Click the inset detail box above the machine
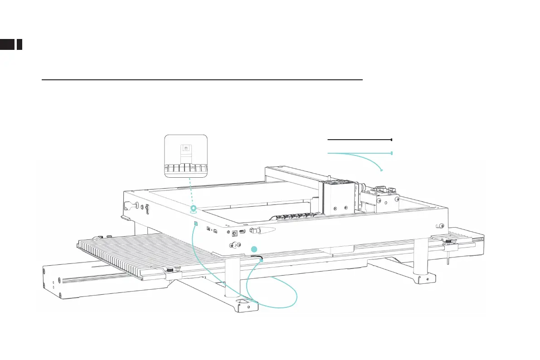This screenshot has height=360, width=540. tap(186, 156)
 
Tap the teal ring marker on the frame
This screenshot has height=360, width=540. tap(194, 209)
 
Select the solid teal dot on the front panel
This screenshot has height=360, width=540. tap(254, 248)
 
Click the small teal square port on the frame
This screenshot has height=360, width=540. tap(196, 224)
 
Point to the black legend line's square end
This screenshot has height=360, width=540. tap(391, 140)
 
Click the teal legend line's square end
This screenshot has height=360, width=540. tap(391, 153)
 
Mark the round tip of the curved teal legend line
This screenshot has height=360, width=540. tap(382, 170)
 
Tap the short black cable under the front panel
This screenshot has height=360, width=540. tap(256, 257)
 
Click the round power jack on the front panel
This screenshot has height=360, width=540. tap(235, 233)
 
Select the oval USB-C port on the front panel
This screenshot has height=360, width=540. tap(243, 232)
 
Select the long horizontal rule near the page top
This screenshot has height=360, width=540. tap(202, 79)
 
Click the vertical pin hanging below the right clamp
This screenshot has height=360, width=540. tap(448, 260)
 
